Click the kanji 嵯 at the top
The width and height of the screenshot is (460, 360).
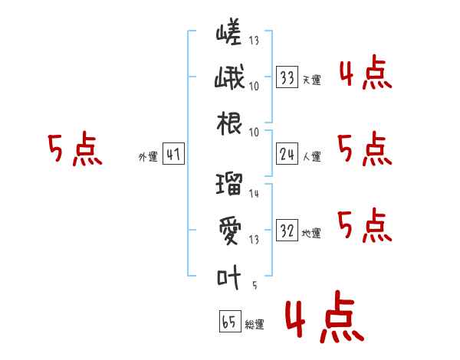228,31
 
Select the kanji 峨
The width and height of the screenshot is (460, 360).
229,77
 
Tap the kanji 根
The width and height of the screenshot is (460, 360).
229,123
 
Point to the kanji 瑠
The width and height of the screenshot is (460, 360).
229,184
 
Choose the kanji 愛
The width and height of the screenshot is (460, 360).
230,231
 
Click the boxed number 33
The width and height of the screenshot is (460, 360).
287,77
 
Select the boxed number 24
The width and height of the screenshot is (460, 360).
287,154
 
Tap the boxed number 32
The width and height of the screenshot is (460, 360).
287,230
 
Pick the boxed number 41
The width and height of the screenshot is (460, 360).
173,154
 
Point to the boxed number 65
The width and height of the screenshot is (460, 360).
230,321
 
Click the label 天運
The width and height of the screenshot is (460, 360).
312,80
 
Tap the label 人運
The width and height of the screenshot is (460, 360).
312,156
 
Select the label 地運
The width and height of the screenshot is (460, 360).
311,234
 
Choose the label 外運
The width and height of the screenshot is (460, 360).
148,157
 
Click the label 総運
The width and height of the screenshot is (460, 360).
255,325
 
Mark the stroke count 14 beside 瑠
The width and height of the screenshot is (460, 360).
254,194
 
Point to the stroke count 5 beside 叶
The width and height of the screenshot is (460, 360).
255,285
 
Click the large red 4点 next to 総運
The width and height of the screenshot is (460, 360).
325,316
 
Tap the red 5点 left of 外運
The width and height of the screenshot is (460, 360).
75,149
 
